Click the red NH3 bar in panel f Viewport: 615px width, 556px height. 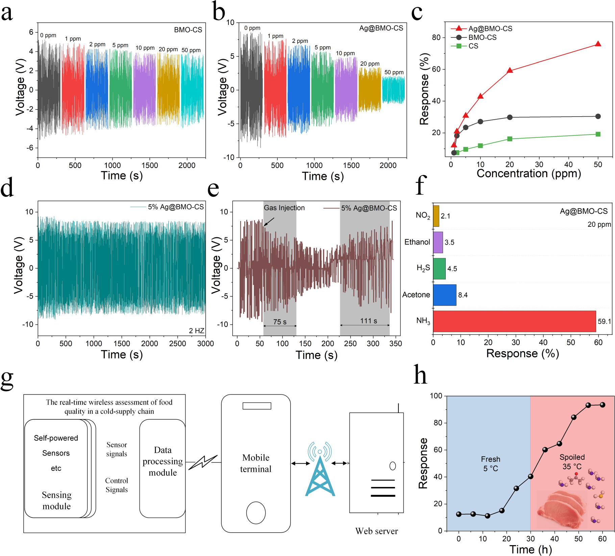coord(514,321)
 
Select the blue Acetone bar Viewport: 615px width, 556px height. coord(444,295)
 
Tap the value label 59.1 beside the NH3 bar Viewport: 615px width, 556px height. coord(604,321)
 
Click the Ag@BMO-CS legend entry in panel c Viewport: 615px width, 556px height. coord(490,29)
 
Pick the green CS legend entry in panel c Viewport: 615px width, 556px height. coord(473,46)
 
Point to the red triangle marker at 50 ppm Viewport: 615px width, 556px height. coord(598,44)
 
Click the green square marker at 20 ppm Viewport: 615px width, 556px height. coord(510,139)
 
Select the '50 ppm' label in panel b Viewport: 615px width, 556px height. coord(394,72)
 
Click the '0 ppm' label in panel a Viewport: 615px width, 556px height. coord(48,35)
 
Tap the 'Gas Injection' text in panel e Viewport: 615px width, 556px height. coord(284,208)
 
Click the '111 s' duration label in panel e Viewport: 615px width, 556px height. coord(368,321)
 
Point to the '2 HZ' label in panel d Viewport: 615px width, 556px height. coord(196,331)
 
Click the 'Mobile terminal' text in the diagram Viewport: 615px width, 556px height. coord(256,463)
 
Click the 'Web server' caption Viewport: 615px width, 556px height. coord(376,531)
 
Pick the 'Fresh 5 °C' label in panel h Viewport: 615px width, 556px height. coord(490,464)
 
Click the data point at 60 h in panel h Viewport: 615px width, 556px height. coord(602,405)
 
